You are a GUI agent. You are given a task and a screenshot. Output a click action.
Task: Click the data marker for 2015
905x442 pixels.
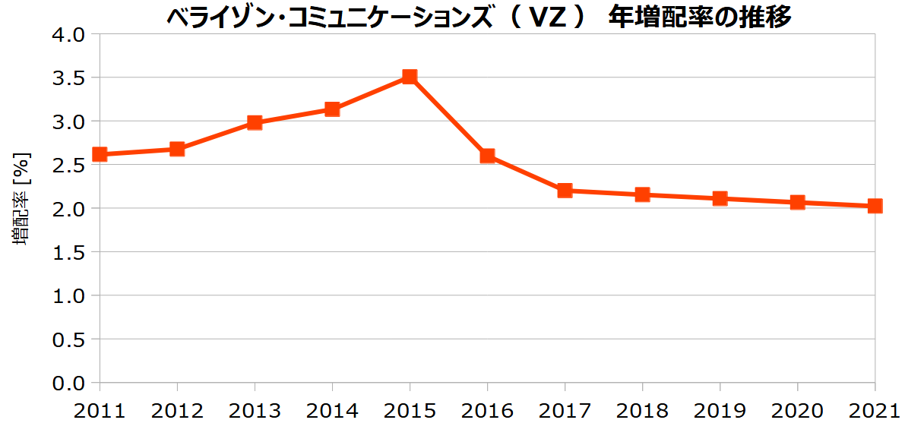pos(410,77)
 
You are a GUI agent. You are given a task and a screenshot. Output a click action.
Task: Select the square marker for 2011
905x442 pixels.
pos(100,154)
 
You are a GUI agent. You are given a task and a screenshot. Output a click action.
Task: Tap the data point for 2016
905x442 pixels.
pos(487,156)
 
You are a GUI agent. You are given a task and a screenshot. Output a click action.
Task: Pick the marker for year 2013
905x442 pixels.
pos(255,123)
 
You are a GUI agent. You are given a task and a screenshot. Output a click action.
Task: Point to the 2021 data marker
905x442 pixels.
pos(875,206)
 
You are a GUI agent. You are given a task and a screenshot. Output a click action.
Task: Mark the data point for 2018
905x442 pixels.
pos(642,194)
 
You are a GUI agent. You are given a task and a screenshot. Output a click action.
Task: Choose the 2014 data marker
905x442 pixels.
pos(332,109)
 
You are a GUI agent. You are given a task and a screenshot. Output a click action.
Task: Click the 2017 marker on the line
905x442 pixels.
pos(565,191)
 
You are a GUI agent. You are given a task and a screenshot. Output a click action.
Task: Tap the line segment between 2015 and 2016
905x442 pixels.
pos(448,116)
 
